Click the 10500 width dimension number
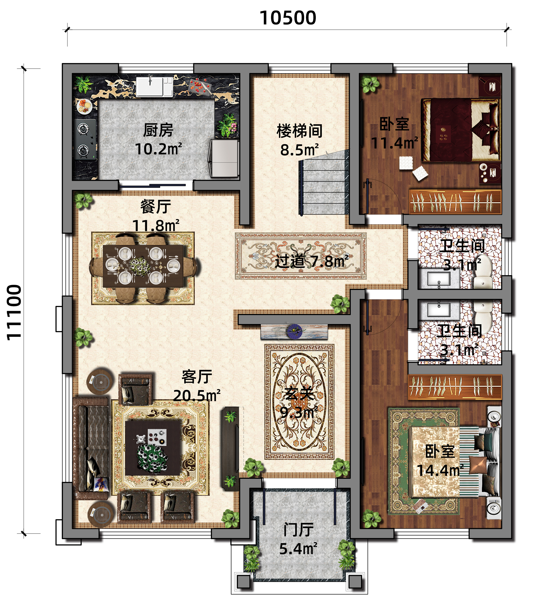(288, 18)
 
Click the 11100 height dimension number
(14, 312)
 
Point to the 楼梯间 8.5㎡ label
(299, 140)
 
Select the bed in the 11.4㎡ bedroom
(459, 130)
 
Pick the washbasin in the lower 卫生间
(439, 310)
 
